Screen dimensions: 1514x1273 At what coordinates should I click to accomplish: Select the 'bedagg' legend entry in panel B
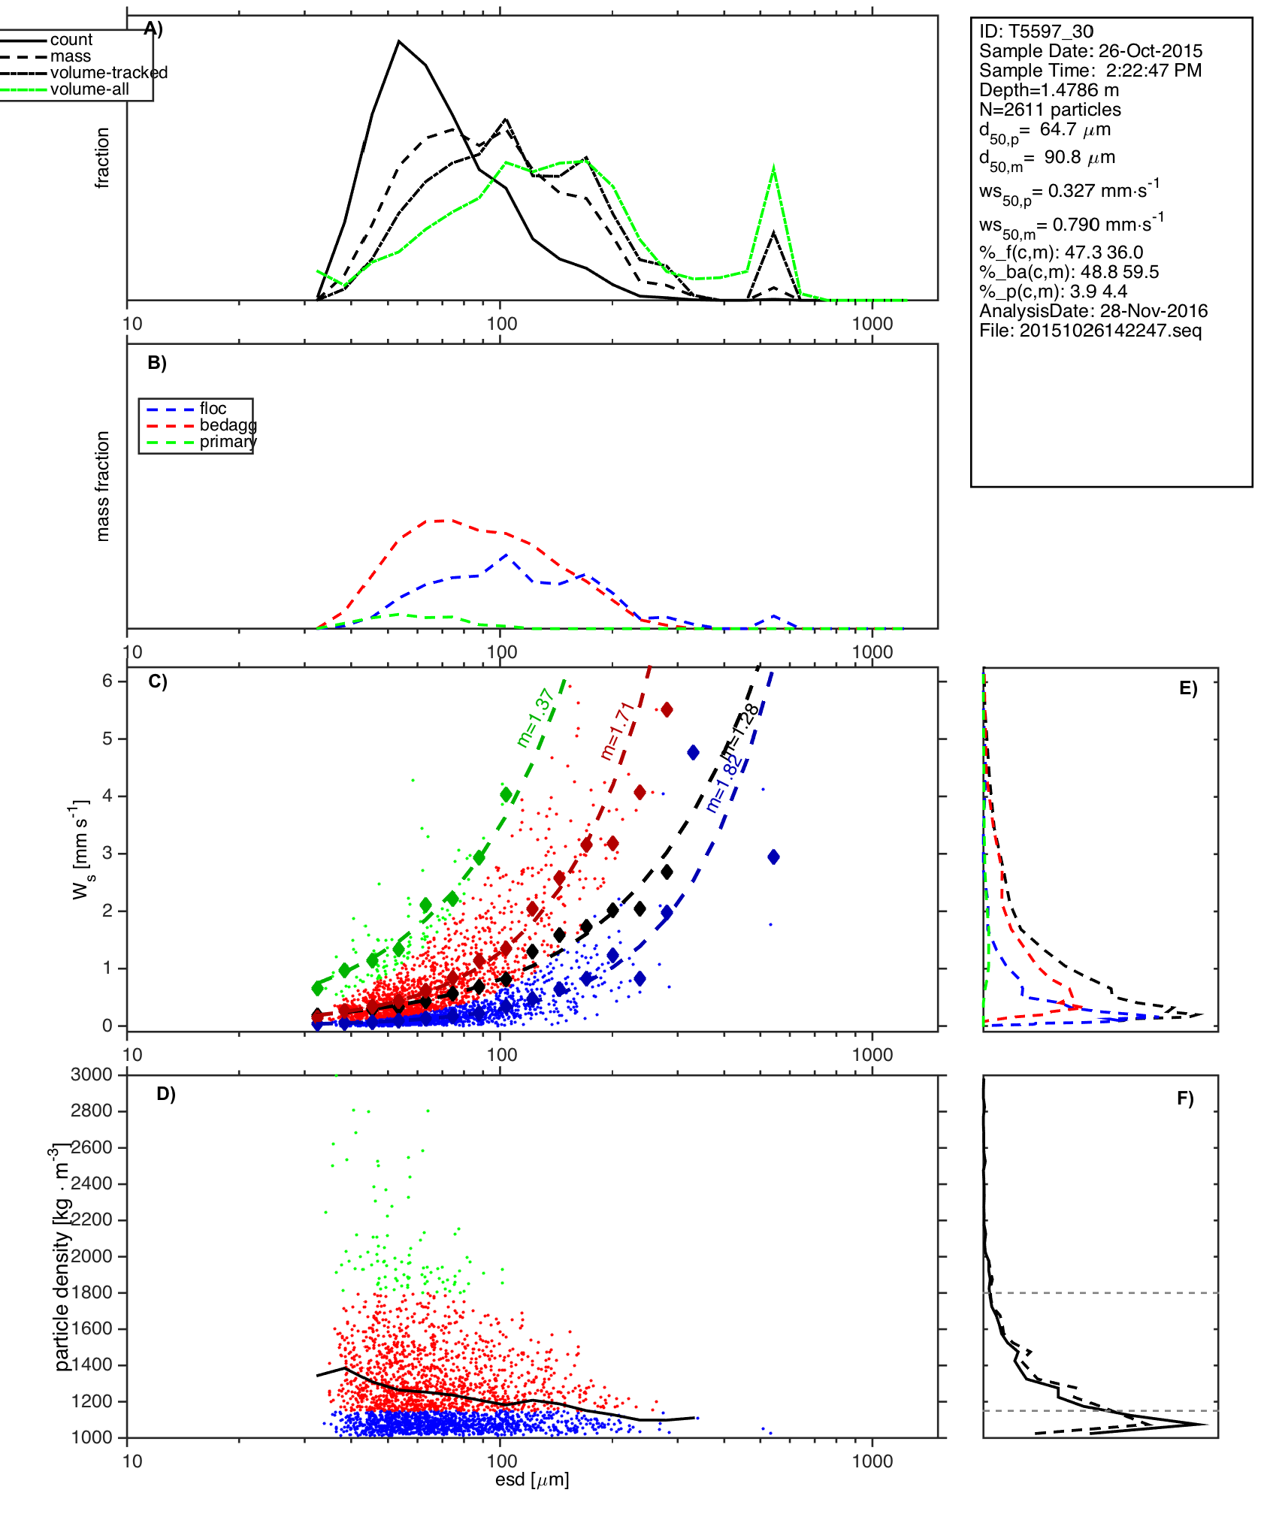(x=228, y=425)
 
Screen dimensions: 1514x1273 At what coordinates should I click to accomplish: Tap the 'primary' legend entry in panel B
(x=228, y=442)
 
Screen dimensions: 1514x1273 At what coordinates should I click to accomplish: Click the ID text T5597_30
(x=1036, y=32)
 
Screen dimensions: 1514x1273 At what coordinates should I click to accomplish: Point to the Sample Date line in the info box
(x=1090, y=51)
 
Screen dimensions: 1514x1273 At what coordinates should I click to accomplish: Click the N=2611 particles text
(x=1050, y=110)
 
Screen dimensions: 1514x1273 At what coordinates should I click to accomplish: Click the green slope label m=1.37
(x=536, y=718)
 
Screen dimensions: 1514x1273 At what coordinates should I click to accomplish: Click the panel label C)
(x=158, y=681)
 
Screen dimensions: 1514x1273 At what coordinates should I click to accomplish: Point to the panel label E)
(x=1188, y=689)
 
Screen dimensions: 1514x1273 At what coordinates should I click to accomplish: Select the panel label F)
(x=1185, y=1098)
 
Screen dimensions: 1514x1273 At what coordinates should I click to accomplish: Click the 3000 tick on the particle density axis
(x=91, y=1074)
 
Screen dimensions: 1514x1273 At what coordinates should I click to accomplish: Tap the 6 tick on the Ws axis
(x=107, y=681)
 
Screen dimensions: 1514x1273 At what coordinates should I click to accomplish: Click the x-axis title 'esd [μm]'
(x=532, y=1480)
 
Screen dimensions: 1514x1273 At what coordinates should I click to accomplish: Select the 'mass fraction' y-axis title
(x=103, y=486)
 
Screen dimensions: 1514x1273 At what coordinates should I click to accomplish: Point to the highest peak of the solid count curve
(x=399, y=41)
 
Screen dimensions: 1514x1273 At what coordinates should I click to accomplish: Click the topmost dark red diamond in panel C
(x=667, y=710)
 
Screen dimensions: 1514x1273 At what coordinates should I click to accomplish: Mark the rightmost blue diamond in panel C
(x=773, y=857)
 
